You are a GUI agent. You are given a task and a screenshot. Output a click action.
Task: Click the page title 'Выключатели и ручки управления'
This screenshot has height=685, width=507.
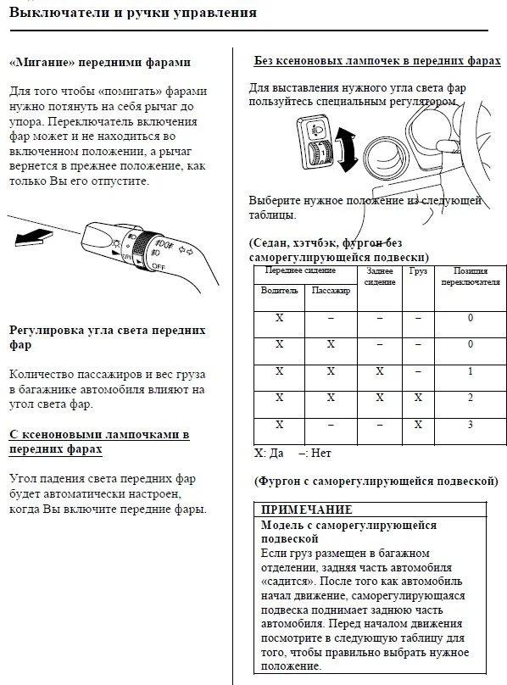coord(133,12)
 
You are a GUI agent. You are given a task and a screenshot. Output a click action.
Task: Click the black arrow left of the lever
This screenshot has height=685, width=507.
coord(34,237)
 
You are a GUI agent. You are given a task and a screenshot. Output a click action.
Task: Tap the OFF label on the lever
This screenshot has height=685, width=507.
coord(159,265)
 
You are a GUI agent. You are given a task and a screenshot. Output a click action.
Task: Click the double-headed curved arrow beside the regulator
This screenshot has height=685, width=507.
coord(345,150)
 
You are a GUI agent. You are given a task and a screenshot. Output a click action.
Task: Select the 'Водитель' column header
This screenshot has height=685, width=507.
coord(279,290)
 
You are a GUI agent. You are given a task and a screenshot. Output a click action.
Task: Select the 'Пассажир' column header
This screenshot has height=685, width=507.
coord(331,290)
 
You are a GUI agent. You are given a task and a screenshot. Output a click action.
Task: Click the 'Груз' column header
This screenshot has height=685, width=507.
coord(418,270)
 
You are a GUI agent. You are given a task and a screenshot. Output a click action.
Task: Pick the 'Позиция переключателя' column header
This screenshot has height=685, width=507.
coord(471,276)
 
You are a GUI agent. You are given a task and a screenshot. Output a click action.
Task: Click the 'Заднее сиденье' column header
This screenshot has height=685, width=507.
coord(380,276)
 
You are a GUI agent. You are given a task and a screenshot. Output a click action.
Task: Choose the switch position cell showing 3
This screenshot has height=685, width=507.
coord(471,425)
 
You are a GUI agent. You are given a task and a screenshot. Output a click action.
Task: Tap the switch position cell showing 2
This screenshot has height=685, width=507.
coord(471,398)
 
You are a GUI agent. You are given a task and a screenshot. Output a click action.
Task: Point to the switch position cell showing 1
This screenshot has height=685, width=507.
coord(471,371)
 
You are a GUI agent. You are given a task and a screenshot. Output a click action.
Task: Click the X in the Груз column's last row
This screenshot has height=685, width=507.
coord(418,424)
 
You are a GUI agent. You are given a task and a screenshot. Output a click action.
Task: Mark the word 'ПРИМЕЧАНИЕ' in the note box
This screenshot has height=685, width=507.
coord(306,510)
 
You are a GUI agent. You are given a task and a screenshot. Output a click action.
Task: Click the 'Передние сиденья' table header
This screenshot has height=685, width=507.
coord(300,270)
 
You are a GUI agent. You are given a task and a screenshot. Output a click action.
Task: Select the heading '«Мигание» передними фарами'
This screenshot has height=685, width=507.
coord(100,62)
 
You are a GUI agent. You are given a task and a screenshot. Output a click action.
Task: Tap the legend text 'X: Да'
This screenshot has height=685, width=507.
coord(269,453)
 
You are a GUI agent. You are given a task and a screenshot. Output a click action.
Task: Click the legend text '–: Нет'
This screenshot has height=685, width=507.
coord(315,453)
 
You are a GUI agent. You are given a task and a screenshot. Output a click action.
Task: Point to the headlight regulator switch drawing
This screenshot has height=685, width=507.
coord(316,142)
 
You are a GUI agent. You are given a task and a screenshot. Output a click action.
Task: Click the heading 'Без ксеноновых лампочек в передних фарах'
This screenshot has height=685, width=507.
coord(377,61)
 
